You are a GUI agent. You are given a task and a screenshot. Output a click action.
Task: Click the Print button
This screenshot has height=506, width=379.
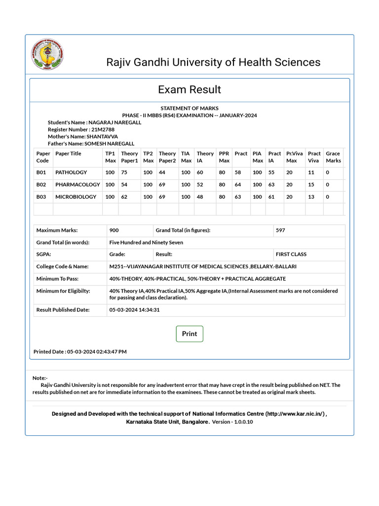coord(189,334)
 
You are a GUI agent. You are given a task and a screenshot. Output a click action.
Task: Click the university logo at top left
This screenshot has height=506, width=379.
coord(47,55)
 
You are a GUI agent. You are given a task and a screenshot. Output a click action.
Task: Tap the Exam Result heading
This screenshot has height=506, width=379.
coord(189,89)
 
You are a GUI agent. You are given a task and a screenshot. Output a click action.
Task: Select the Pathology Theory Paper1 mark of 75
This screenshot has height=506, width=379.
coord(124,172)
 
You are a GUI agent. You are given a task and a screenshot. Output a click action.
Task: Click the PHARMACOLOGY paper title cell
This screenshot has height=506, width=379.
coord(77,184)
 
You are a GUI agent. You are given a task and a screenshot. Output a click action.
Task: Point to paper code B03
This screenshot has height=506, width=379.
coord(41,196)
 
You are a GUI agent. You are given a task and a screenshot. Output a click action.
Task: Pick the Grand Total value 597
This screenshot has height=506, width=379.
coord(281,230)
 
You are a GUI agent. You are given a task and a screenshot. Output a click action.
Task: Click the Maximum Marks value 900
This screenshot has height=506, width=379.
coord(114,230)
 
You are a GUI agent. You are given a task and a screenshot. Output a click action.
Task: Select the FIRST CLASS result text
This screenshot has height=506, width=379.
coord(291,254)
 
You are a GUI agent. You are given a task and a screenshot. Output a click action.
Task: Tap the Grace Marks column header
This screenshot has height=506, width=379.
coord(333,157)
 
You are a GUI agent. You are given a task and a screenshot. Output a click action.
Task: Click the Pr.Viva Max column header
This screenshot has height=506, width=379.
coord(294,157)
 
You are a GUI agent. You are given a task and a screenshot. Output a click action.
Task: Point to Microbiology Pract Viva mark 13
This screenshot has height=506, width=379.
coord(311,196)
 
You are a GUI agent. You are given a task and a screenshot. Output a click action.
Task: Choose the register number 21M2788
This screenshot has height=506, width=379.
coord(105,129)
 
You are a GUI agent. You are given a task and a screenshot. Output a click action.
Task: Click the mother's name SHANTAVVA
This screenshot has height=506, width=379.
coord(102,136)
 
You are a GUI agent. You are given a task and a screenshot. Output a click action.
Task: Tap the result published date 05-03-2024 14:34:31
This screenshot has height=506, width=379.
coord(134,310)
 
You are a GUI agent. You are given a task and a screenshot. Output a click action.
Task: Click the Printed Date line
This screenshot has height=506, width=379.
coord(80,352)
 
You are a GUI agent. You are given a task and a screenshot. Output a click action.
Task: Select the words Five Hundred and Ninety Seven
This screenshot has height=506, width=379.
coord(146,243)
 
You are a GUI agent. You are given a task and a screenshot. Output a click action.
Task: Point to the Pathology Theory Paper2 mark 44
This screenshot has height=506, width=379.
coord(162,172)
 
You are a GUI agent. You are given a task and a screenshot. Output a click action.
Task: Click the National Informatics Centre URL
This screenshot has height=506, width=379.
coord(295,414)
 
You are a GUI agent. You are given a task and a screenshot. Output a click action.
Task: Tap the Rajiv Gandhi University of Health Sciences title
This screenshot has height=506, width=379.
coord(213,62)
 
